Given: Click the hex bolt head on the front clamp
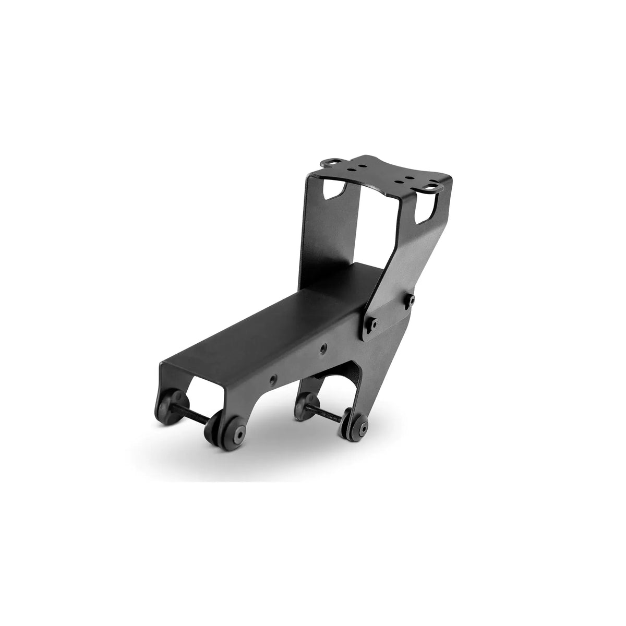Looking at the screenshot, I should (239, 434).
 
